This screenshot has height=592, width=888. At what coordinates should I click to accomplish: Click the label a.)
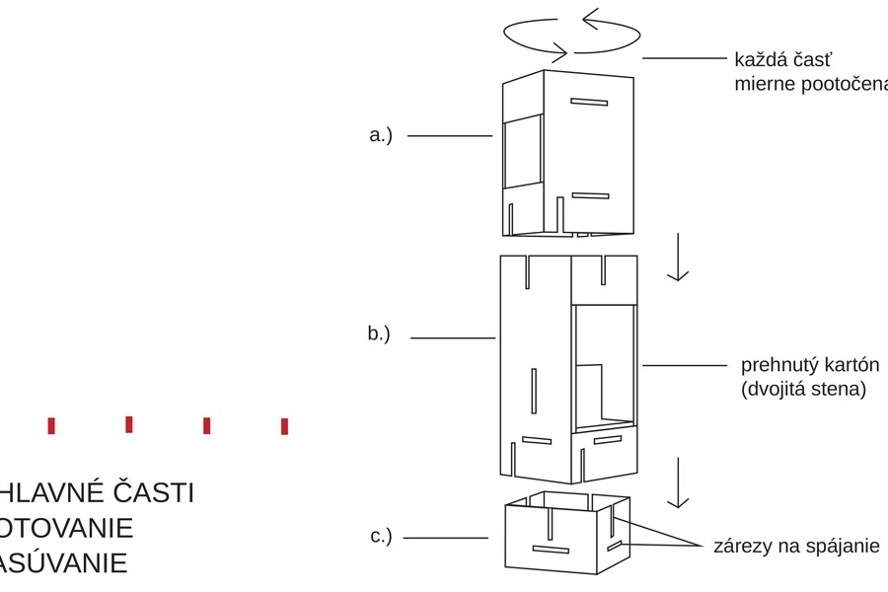pyautogui.click(x=381, y=136)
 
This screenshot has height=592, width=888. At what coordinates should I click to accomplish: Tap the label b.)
pyautogui.click(x=380, y=333)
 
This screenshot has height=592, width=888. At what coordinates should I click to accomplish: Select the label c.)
pyautogui.click(x=381, y=537)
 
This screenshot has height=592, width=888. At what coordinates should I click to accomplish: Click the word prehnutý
pyautogui.click(x=777, y=365)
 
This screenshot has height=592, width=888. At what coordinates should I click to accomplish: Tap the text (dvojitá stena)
pyautogui.click(x=803, y=389)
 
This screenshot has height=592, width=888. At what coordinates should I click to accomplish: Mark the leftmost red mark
pyautogui.click(x=51, y=425)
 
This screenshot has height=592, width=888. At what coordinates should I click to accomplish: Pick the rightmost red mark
pyautogui.click(x=284, y=426)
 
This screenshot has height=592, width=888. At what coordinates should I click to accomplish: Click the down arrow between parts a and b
pyautogui.click(x=677, y=259)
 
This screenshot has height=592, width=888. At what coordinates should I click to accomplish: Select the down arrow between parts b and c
pyautogui.click(x=677, y=484)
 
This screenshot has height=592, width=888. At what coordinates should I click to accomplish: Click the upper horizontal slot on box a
pyautogui.click(x=588, y=101)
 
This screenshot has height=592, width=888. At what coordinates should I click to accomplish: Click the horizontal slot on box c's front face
pyautogui.click(x=551, y=548)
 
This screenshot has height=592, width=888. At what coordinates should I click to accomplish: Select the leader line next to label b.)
pyautogui.click(x=452, y=338)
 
